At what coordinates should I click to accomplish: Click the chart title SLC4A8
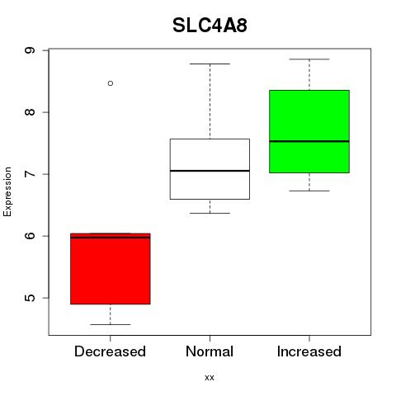click(x=210, y=26)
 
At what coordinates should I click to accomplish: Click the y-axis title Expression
click(x=7, y=191)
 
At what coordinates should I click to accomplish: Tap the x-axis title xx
click(x=210, y=378)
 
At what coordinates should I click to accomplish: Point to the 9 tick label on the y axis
click(x=30, y=50)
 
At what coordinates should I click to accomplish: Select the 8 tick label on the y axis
click(x=30, y=112)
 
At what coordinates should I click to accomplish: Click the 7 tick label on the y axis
click(x=30, y=174)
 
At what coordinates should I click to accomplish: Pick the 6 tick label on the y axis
click(x=30, y=236)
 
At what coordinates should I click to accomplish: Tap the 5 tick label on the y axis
click(x=30, y=298)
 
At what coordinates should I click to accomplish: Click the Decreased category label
click(x=110, y=351)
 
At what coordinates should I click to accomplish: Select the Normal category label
click(x=210, y=351)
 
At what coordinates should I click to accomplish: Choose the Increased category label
click(x=309, y=351)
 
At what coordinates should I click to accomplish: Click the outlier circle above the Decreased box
click(x=111, y=83)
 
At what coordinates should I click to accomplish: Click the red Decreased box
click(x=111, y=269)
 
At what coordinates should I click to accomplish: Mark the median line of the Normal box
click(x=210, y=171)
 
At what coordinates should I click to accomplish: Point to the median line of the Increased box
click(x=309, y=141)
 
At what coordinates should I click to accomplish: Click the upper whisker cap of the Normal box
click(x=210, y=64)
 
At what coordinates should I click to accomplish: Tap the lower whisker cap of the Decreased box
click(x=111, y=324)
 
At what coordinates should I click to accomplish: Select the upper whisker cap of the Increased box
click(x=309, y=59)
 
